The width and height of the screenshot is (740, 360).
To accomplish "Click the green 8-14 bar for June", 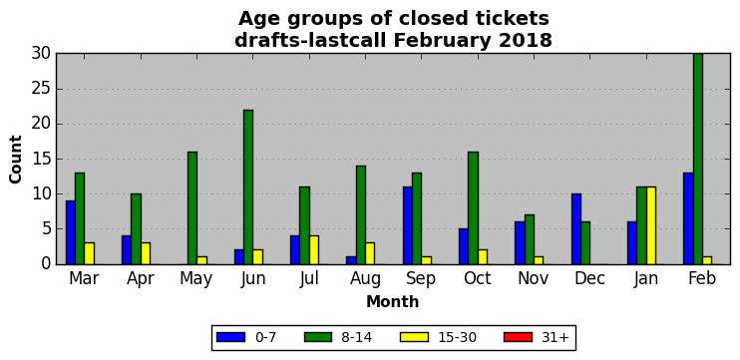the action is (248, 186).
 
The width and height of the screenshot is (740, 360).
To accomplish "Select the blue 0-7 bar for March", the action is (71, 232).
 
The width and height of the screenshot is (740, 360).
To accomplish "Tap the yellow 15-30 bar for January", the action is (651, 225).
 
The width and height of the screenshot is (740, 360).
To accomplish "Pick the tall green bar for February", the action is (697, 159).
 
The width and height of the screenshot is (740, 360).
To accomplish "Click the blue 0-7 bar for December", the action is (575, 228).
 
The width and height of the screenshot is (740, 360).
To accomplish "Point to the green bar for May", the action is (192, 208).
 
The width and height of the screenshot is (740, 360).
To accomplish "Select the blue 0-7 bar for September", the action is (407, 225).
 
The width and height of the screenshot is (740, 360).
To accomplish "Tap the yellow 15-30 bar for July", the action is (314, 250).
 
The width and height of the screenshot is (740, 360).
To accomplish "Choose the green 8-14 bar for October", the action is (473, 208).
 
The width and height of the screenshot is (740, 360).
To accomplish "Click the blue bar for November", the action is (520, 243).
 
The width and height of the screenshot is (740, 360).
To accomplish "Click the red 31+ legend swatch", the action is (519, 337).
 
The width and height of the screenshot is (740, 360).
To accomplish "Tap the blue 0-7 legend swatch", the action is (230, 337).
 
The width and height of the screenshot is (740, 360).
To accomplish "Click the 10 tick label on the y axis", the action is (41, 193).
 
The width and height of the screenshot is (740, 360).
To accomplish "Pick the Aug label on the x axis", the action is (365, 279).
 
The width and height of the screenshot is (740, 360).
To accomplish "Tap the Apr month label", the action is (141, 279).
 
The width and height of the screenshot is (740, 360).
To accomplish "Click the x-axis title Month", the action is (392, 301).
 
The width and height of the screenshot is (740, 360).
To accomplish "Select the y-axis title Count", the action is (16, 159).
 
